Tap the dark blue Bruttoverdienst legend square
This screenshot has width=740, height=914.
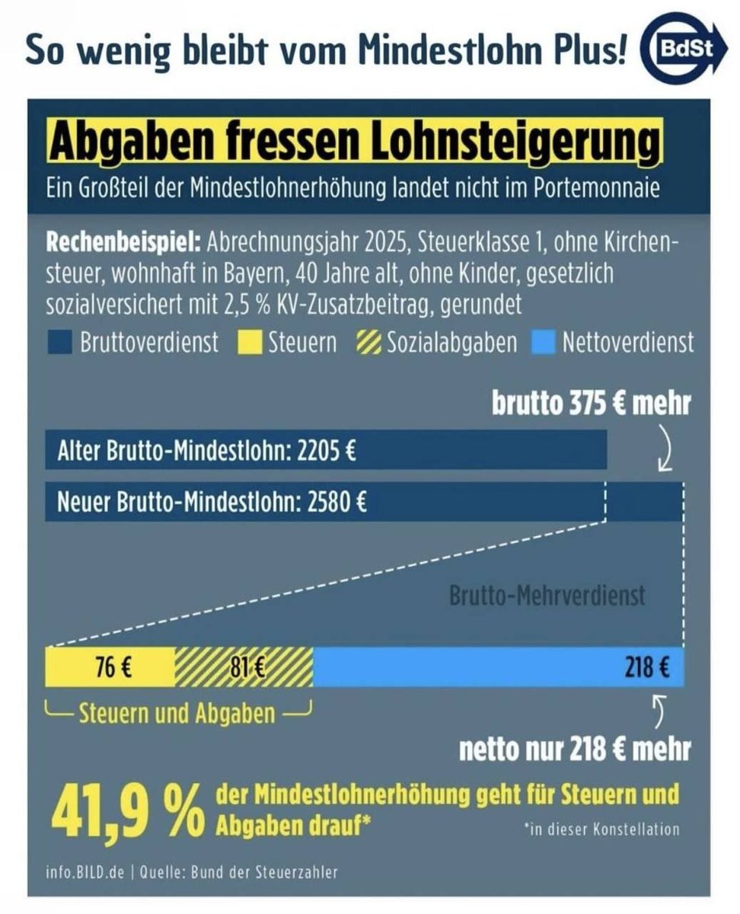62,343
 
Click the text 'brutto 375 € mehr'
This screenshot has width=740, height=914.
591,404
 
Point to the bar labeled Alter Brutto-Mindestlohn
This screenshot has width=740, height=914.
326,452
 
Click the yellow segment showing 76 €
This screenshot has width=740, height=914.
111,667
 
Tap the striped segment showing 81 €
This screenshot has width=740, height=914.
244,667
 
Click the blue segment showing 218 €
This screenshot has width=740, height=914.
498,667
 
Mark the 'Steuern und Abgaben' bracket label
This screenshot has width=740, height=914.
177,714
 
